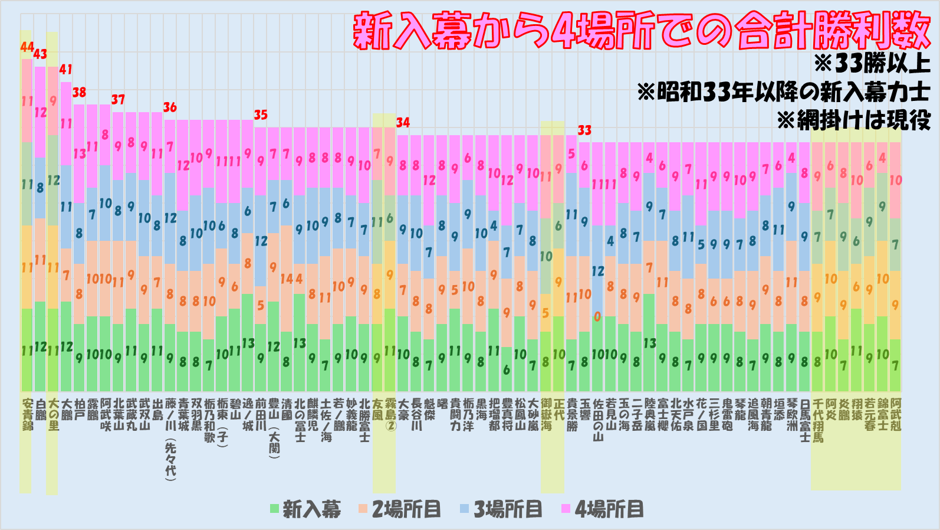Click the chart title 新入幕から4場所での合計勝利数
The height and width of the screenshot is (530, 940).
pos(641,31)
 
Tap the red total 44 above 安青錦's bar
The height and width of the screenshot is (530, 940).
pos(27,47)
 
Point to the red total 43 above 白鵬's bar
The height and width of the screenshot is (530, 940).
pos(40,54)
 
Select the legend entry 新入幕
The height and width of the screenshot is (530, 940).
pos(305,509)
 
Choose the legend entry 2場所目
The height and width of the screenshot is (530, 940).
pos(400,509)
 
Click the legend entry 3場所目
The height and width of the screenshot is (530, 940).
pos(501,509)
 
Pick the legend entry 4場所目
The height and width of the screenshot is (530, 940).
pos(602,509)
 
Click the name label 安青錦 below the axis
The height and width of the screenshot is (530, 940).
pos(27,414)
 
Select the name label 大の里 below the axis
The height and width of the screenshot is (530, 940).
pos(54,414)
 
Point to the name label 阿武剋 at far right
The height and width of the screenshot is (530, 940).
pos(896,414)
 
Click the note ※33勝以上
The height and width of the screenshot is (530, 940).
pos(871,64)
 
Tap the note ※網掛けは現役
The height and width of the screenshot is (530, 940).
pos(853,120)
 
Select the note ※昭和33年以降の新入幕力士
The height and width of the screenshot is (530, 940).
pos(783,92)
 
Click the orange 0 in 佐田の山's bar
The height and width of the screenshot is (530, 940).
pos(597,317)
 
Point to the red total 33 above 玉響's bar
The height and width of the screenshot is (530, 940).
pos(584,130)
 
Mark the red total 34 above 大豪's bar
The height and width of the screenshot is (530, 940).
pos(403,122)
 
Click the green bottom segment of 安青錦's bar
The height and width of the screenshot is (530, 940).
pos(27,349)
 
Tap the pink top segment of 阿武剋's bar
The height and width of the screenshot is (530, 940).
pos(896,180)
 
